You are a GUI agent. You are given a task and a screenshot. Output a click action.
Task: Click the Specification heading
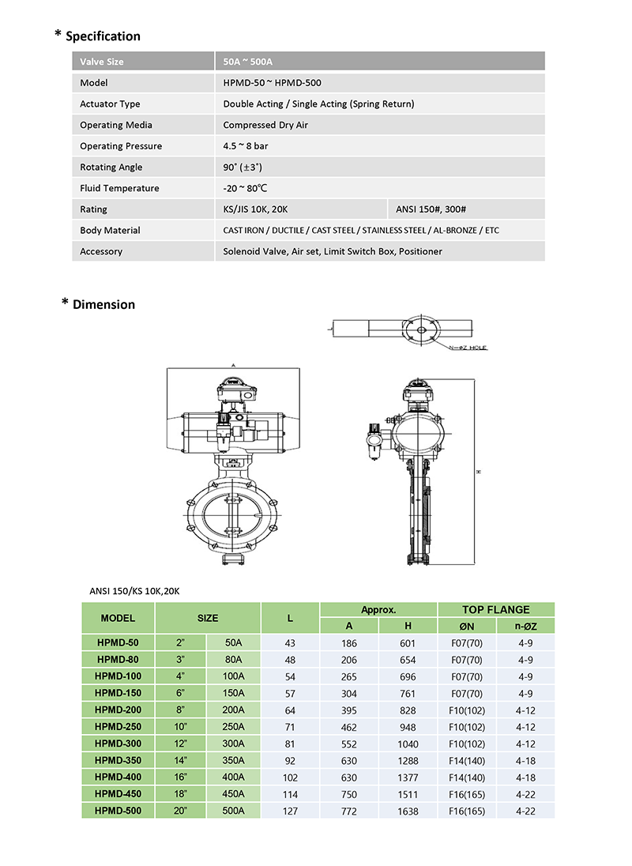click(x=103, y=36)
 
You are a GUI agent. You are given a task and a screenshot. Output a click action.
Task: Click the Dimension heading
click(x=103, y=304)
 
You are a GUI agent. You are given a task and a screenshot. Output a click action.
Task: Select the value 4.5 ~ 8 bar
click(x=247, y=146)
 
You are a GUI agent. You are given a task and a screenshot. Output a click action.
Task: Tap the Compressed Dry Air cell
click(x=265, y=125)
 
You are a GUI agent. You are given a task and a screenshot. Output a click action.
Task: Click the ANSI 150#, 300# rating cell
click(x=428, y=209)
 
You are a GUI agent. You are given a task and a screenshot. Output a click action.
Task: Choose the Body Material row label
click(x=110, y=231)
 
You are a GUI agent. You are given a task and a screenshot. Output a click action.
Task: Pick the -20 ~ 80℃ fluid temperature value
click(x=246, y=188)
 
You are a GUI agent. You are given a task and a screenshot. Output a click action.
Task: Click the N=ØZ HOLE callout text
click(x=468, y=348)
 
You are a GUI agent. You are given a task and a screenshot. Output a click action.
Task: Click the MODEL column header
click(x=118, y=618)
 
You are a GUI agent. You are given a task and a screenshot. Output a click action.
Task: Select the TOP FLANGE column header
click(x=495, y=610)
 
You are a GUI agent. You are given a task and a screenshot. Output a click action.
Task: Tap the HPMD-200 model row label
click(x=118, y=710)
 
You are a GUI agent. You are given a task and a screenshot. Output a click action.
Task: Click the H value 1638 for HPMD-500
click(x=408, y=811)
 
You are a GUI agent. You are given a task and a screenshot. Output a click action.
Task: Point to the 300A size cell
click(x=233, y=744)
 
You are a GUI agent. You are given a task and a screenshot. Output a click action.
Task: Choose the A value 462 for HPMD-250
click(x=348, y=727)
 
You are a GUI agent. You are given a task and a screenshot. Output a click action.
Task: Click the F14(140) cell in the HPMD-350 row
click(x=467, y=761)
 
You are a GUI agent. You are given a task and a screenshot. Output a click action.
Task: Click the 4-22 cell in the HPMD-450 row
click(x=525, y=794)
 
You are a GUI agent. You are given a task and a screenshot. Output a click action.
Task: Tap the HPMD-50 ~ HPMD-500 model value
click(x=272, y=83)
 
